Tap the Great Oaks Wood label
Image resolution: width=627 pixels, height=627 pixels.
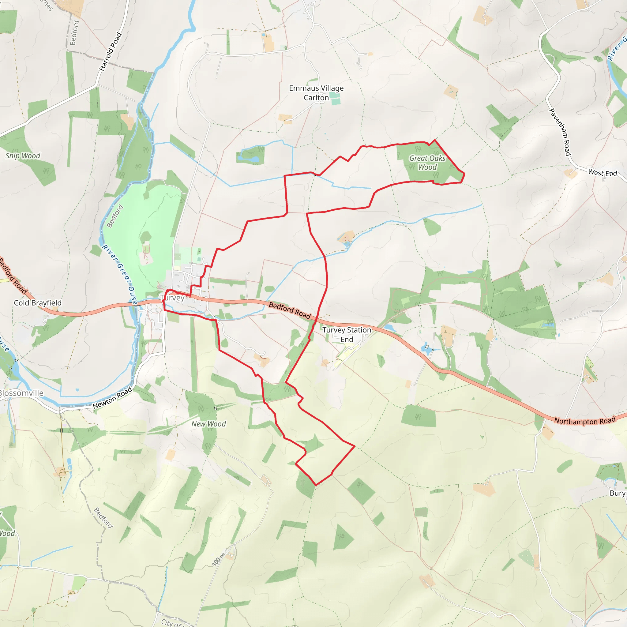click(427, 163)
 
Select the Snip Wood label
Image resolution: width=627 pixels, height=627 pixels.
click(23, 156)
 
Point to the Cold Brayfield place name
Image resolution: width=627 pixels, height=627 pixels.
click(38, 303)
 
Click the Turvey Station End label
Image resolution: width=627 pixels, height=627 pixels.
click(347, 335)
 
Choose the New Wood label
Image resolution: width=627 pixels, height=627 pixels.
click(208, 424)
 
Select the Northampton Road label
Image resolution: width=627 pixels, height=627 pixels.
click(584, 421)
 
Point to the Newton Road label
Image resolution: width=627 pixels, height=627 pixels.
click(112, 398)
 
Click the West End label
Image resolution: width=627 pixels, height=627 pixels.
click(602, 173)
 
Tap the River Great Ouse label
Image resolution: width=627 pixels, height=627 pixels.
click(119, 275)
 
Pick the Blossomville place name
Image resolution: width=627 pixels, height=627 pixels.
click(21, 393)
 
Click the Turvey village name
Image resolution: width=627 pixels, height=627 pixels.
click(172, 298)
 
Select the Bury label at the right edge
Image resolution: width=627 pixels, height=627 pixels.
click(617, 493)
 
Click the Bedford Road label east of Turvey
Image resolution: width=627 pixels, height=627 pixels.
click(290, 310)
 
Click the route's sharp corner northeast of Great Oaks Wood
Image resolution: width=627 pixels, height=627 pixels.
click(434, 140)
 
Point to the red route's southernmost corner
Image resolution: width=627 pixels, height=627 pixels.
click(316, 485)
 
